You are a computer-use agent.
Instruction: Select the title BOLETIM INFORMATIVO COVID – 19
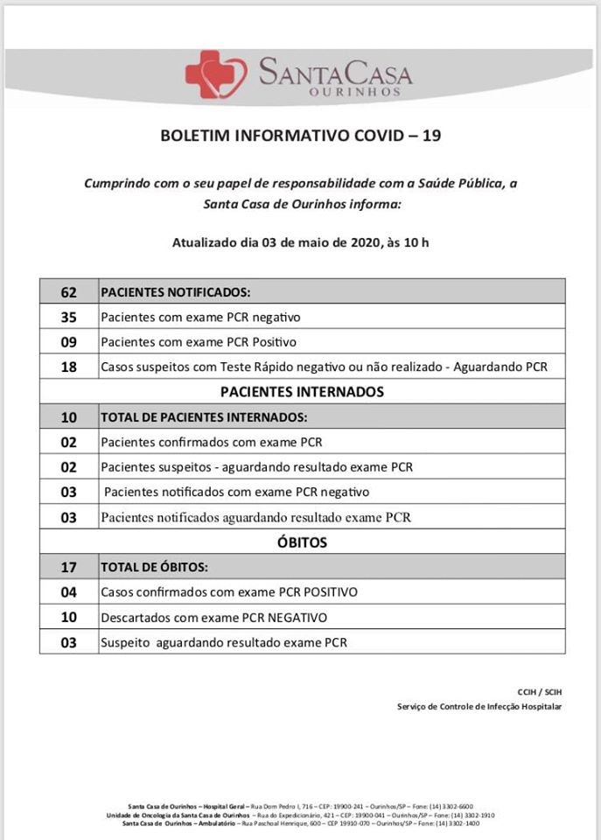[300, 136]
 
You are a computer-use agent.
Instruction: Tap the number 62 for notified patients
[69, 291]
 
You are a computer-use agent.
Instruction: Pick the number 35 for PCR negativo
[69, 317]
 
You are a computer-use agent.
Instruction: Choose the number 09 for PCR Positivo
[69, 342]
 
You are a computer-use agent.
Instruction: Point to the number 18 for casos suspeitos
[69, 367]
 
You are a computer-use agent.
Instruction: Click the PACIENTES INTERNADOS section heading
[303, 392]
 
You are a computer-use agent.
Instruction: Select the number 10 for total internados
[69, 417]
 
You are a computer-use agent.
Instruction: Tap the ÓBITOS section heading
[303, 542]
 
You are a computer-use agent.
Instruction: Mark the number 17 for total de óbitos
[69, 567]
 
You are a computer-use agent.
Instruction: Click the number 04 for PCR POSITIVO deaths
[69, 592]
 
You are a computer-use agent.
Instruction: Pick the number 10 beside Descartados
[69, 618]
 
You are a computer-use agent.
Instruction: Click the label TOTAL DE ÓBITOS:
[154, 567]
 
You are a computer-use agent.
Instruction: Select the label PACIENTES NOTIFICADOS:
[176, 291]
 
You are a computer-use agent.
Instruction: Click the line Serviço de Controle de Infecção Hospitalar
[479, 706]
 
